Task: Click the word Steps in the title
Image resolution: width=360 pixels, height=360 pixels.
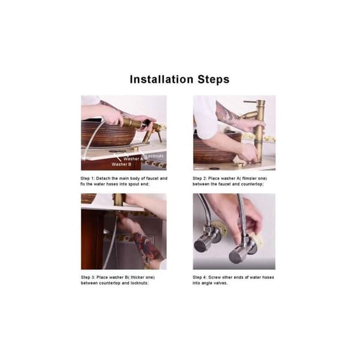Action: [x=214, y=79]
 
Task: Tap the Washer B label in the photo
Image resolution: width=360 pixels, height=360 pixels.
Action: [x=121, y=164]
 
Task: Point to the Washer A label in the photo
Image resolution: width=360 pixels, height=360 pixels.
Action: [x=133, y=159]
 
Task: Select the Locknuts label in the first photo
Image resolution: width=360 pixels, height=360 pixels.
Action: [x=155, y=156]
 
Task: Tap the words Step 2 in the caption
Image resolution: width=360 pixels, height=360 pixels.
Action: [x=199, y=178]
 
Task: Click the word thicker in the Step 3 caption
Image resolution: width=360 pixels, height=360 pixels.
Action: [x=138, y=277]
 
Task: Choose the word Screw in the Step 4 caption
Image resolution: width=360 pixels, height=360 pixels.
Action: [x=214, y=277]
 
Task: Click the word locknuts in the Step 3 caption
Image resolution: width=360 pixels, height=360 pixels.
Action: [x=139, y=283]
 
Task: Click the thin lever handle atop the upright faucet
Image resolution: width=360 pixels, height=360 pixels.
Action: [x=251, y=101]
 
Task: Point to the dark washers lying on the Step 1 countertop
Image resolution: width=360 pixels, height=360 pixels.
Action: [x=117, y=152]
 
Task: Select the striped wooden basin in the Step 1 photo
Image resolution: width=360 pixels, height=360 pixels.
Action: [x=108, y=134]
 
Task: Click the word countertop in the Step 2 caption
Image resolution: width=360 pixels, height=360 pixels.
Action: [x=252, y=184]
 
